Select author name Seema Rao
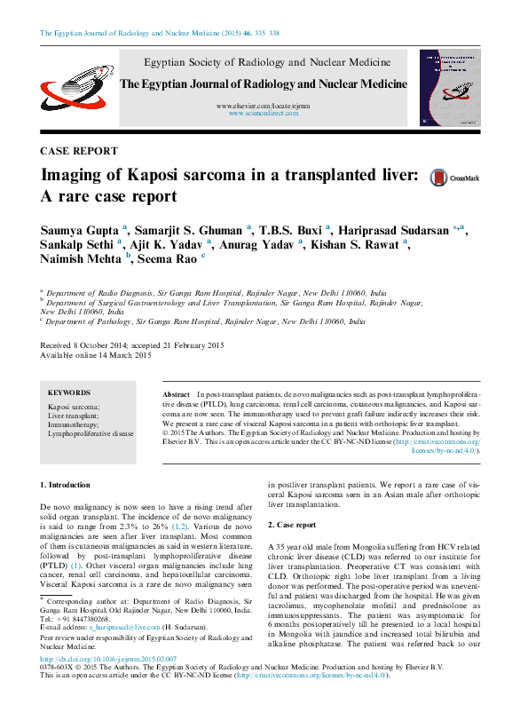[169, 258]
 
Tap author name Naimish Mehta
[82, 258]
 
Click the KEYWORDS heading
[68, 392]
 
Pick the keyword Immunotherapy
[74, 424]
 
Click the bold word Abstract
[177, 392]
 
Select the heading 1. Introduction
[66, 486]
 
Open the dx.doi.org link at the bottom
[108, 659]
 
